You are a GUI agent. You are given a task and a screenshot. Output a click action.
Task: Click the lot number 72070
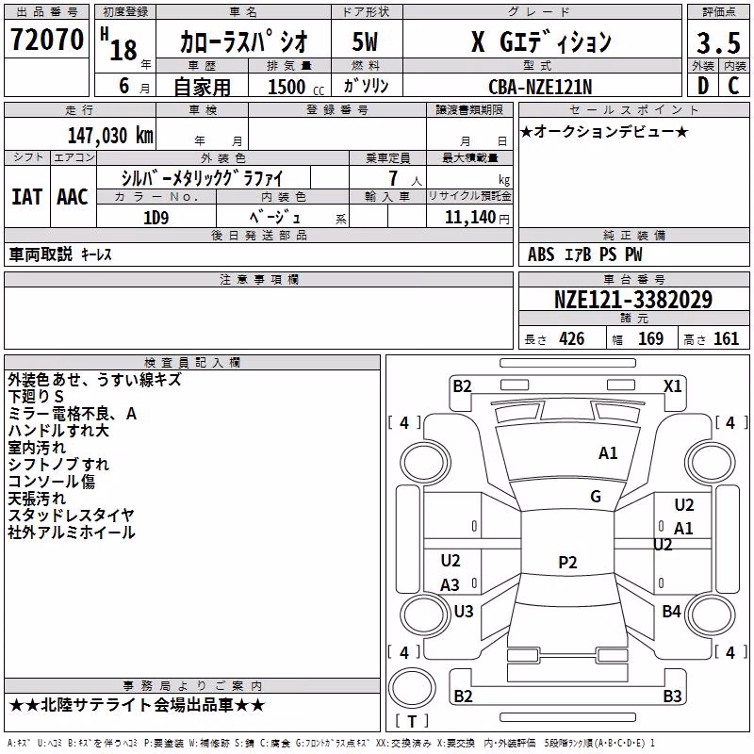46,40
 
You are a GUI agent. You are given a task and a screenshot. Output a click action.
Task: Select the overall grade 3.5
718,42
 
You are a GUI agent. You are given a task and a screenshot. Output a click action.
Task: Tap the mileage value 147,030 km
110,136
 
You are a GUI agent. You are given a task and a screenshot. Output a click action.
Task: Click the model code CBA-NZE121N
540,87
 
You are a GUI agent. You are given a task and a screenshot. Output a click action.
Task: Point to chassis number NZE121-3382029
633,300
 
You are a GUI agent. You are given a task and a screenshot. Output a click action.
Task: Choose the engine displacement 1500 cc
296,87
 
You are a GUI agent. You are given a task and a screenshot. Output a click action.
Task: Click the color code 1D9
156,218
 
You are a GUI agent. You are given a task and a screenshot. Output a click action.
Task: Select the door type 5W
365,41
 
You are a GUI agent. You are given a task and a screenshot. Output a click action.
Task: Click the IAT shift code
26,197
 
